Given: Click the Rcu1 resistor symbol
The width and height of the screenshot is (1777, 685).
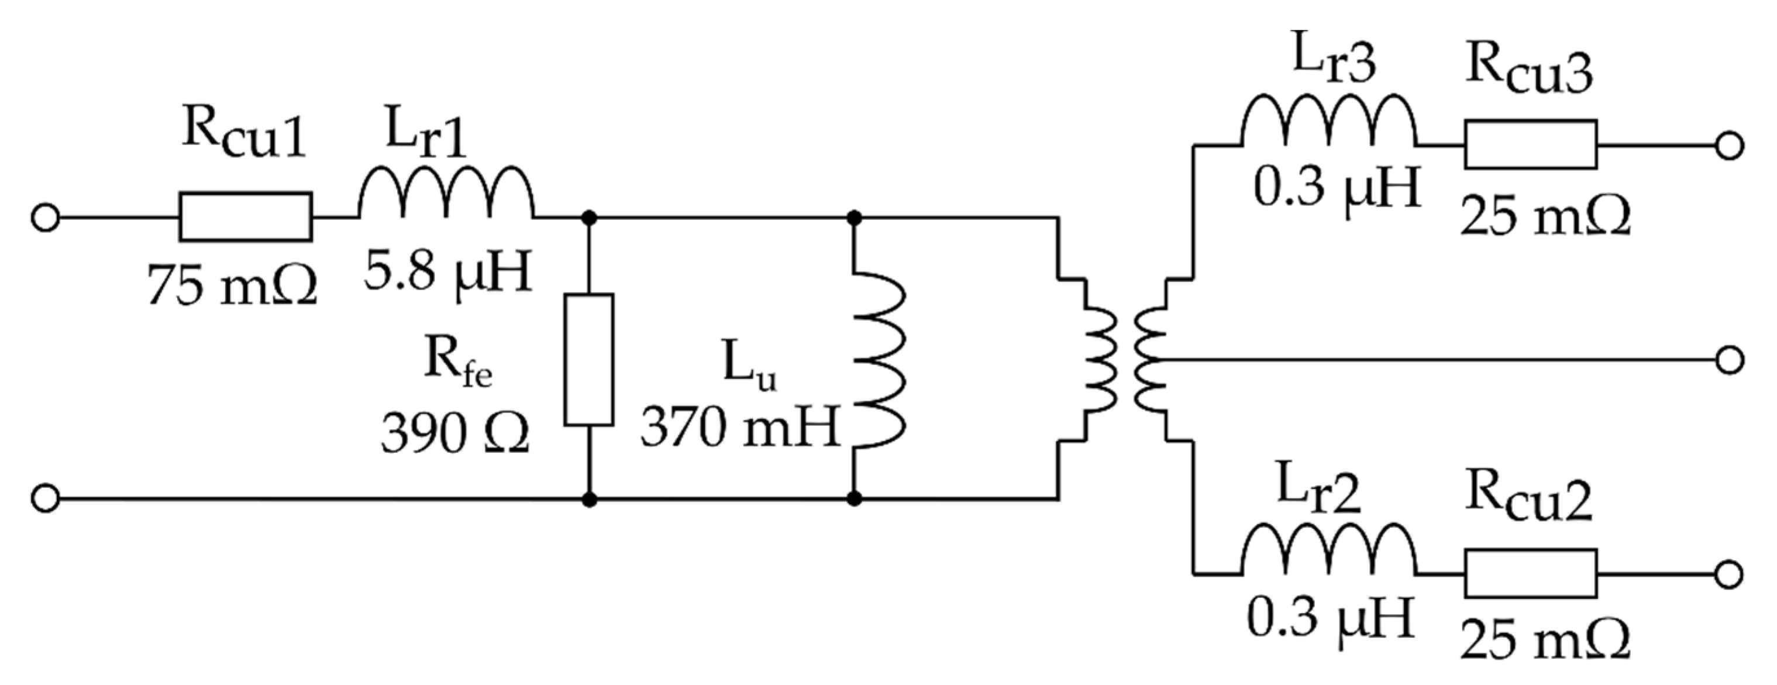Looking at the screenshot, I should [x=246, y=217].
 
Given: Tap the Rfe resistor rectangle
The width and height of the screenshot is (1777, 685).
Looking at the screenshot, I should [x=588, y=359].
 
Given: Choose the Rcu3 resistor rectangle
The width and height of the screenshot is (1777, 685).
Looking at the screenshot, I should [x=1530, y=145].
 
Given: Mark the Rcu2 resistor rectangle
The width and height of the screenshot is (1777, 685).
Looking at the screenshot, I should [x=1530, y=573].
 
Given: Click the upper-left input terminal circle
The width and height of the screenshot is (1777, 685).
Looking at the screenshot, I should [x=46, y=218].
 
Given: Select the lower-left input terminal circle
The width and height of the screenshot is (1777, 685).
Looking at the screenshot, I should [x=46, y=498].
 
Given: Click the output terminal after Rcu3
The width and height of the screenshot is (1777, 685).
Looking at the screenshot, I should [x=1728, y=146].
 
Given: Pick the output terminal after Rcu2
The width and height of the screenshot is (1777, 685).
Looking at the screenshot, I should [x=1728, y=574].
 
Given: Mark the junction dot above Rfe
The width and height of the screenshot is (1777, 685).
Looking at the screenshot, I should [x=588, y=218].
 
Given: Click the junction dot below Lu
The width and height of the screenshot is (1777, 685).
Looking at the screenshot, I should [x=854, y=498].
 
